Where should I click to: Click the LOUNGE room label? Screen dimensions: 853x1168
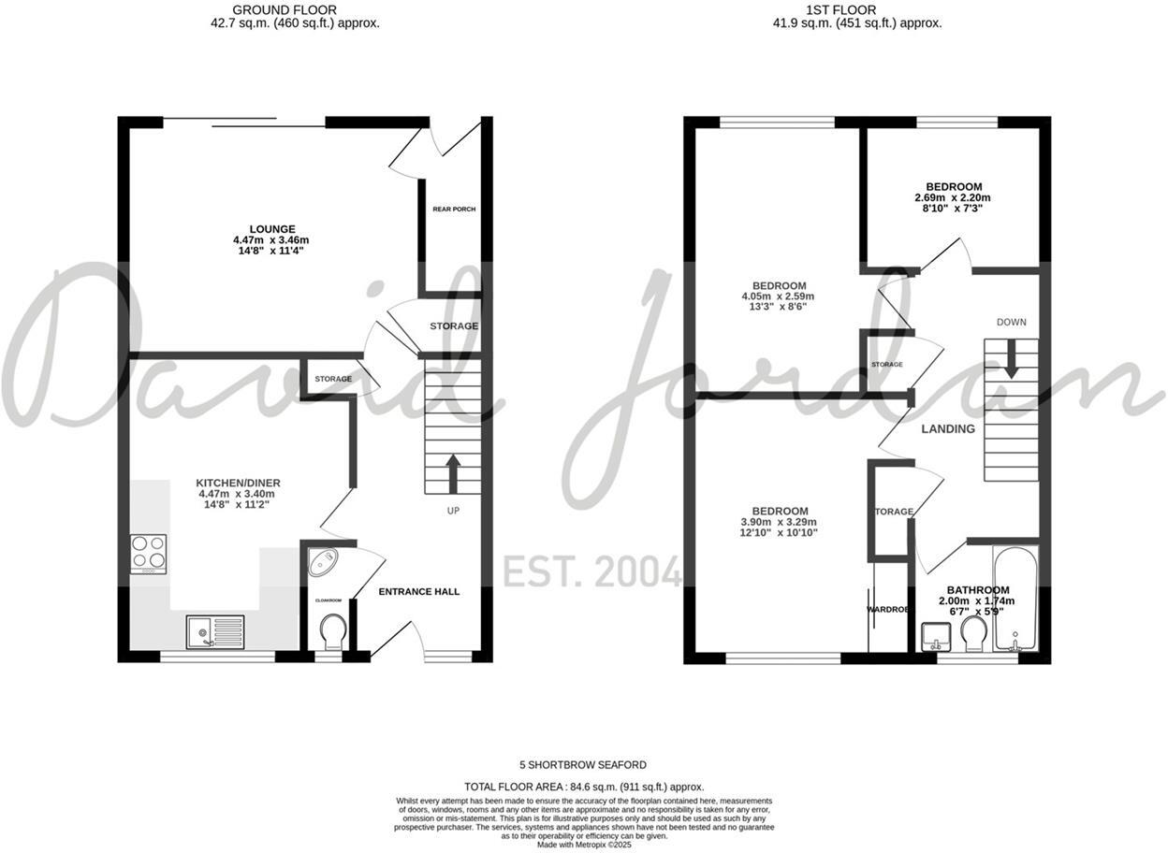(x=272, y=229)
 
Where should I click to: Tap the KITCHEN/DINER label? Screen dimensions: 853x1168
(x=239, y=483)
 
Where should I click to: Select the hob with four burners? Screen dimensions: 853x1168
(x=148, y=553)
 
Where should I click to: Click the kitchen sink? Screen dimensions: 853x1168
(x=214, y=631)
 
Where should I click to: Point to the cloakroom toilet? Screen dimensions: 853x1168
(x=332, y=632)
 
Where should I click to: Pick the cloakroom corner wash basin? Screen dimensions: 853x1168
(x=325, y=564)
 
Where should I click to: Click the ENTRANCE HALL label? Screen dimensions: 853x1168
(x=418, y=591)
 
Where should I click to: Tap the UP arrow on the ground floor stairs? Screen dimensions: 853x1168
(x=453, y=473)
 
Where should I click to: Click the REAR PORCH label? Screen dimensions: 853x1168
(x=454, y=209)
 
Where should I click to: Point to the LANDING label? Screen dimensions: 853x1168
(x=948, y=428)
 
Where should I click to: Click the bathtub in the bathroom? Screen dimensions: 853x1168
(x=1015, y=599)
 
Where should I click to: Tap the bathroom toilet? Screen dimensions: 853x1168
(x=972, y=636)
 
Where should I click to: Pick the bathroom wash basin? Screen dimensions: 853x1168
(x=935, y=636)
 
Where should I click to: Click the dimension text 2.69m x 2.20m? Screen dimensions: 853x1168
(x=953, y=198)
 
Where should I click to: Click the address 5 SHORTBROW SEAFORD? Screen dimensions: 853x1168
(x=584, y=765)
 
